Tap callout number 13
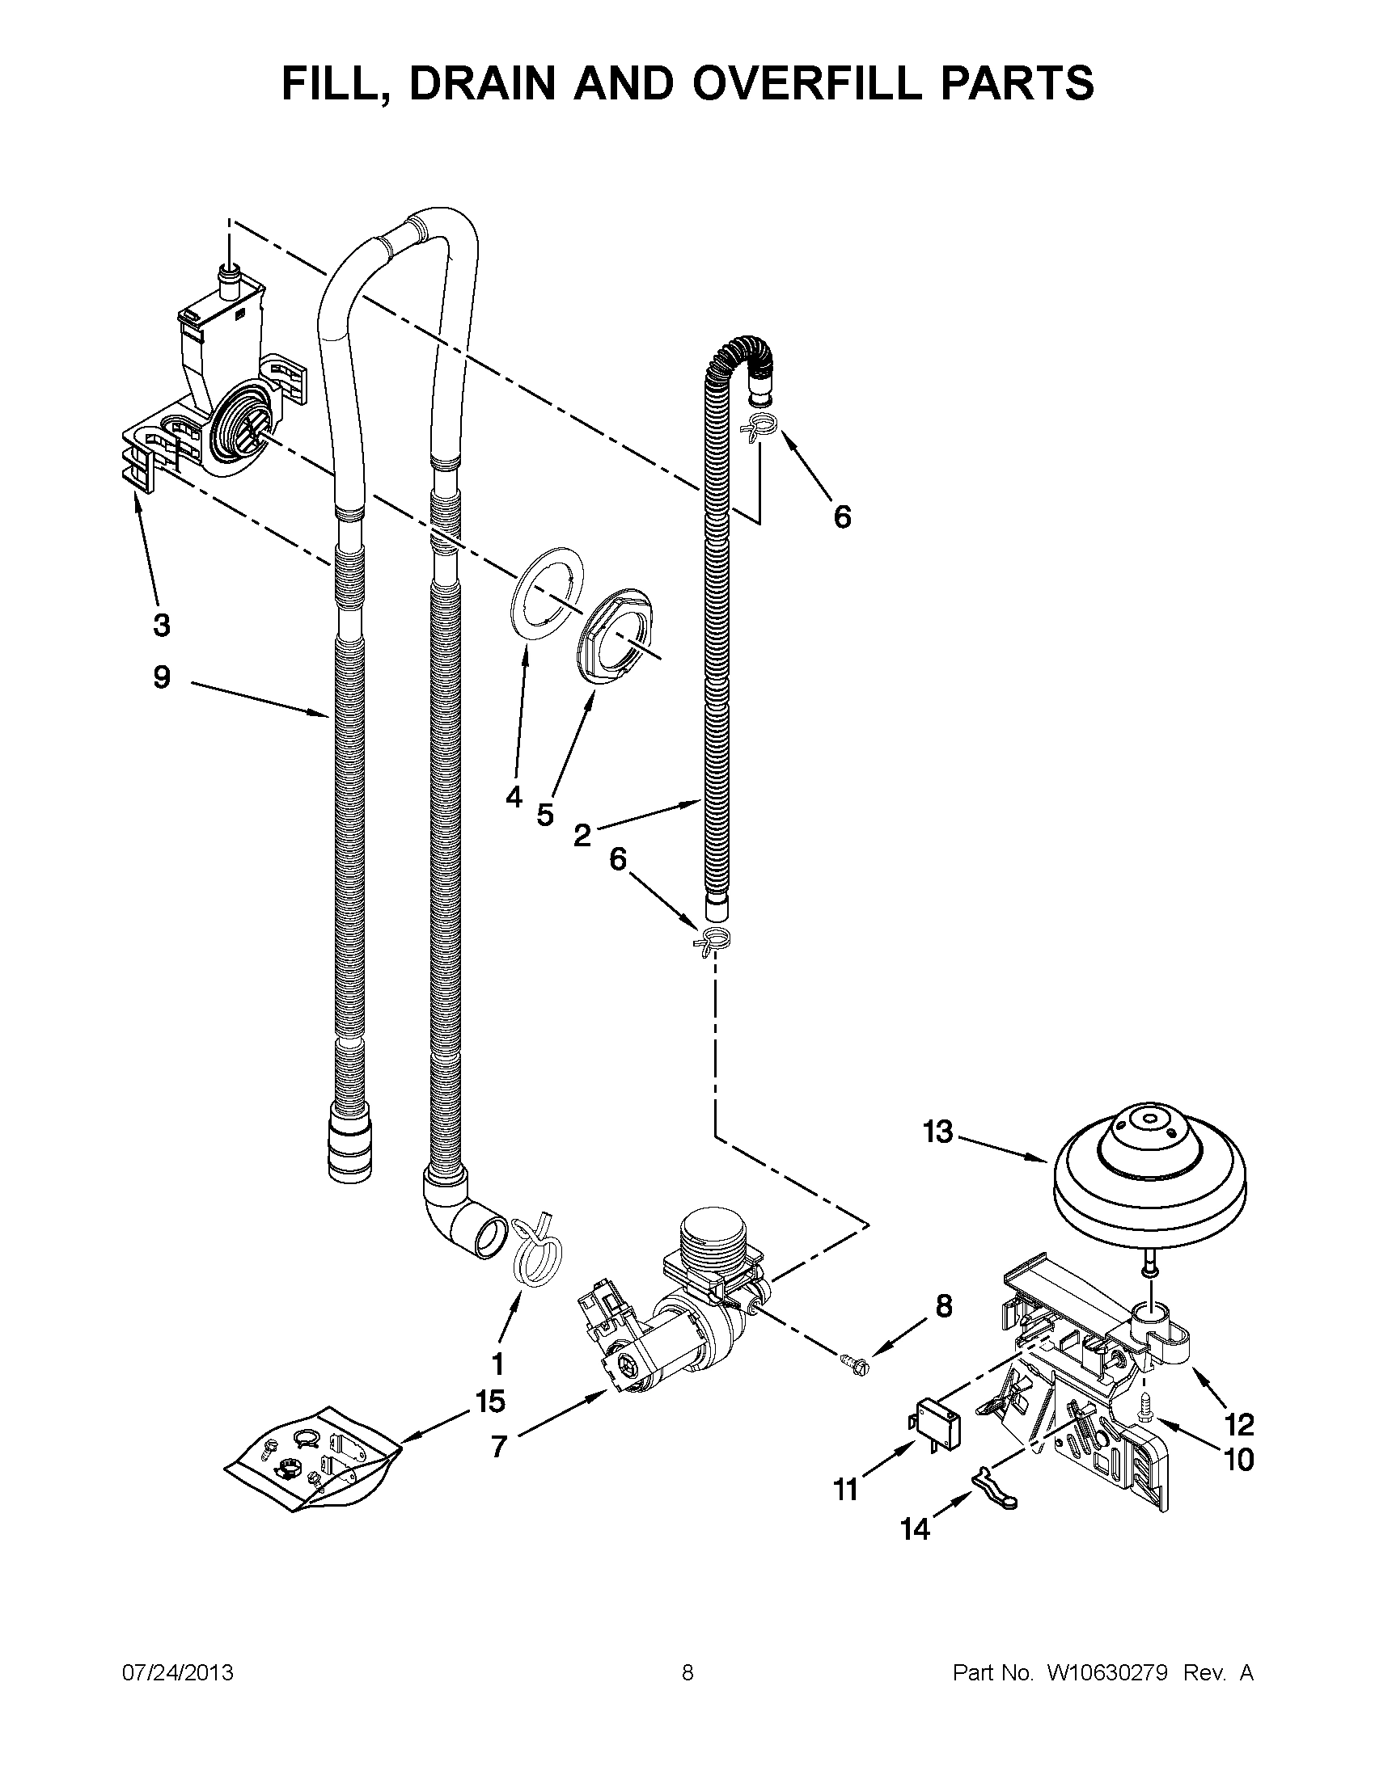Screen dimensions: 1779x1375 coord(938,1132)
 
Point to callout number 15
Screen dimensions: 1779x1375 coord(491,1401)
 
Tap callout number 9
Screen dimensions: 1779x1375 coord(162,676)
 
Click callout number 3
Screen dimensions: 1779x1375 coord(162,625)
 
